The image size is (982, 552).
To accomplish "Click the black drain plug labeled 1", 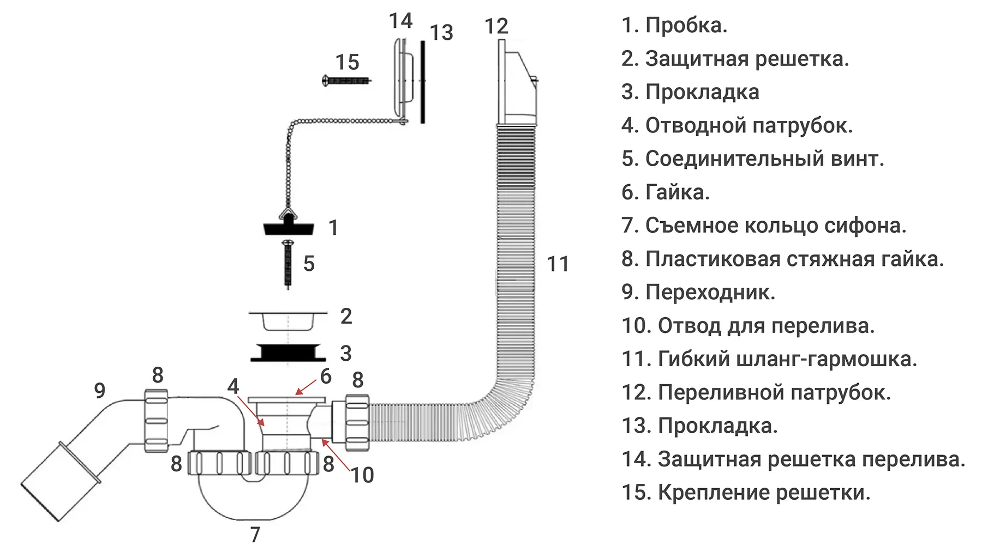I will pyautogui.click(x=289, y=227).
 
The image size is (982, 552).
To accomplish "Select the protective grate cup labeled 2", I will pyautogui.click(x=288, y=320).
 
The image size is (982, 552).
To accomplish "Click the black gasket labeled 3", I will pyautogui.click(x=288, y=353).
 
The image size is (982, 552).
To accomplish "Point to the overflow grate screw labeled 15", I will pyautogui.click(x=346, y=81).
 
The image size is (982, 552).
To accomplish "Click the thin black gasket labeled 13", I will pyautogui.click(x=422, y=82).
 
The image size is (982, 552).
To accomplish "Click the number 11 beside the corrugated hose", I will pyautogui.click(x=558, y=264).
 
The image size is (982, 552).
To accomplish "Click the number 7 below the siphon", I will pyautogui.click(x=255, y=535).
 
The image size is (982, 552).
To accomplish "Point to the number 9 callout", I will pyautogui.click(x=99, y=390).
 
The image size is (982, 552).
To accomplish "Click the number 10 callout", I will pyautogui.click(x=362, y=475).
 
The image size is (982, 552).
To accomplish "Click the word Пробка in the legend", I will pyautogui.click(x=686, y=26).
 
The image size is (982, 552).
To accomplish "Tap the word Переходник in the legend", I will pyautogui.click(x=710, y=293).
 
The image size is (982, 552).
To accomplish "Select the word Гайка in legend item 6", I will pyautogui.click(x=677, y=192).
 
